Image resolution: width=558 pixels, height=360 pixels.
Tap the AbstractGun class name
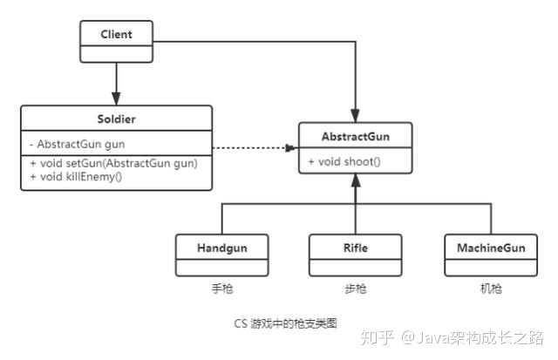coord(356,137)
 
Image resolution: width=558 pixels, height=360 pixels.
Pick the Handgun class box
coord(221,253)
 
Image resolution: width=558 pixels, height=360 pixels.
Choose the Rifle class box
coord(355,253)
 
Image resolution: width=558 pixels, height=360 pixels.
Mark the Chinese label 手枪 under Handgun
coord(221,289)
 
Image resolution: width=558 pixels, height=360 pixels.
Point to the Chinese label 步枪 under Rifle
coord(355,289)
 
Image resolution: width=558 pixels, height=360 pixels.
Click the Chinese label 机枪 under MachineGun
coord(490,289)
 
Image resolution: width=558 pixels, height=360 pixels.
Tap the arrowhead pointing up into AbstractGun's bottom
coord(356,180)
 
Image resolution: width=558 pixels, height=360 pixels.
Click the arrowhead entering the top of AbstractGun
coord(356,117)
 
